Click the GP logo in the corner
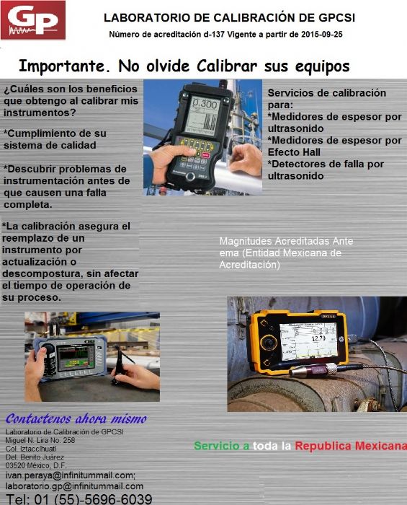pos(33,20)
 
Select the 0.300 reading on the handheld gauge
pos(205,105)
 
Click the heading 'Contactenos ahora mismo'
pos(76,419)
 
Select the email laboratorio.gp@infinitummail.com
pos(74,486)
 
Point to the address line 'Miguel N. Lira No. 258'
pos(40,440)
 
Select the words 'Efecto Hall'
pos(293,152)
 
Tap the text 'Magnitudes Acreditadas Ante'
pos(286,241)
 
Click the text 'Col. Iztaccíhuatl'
pos(31,449)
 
